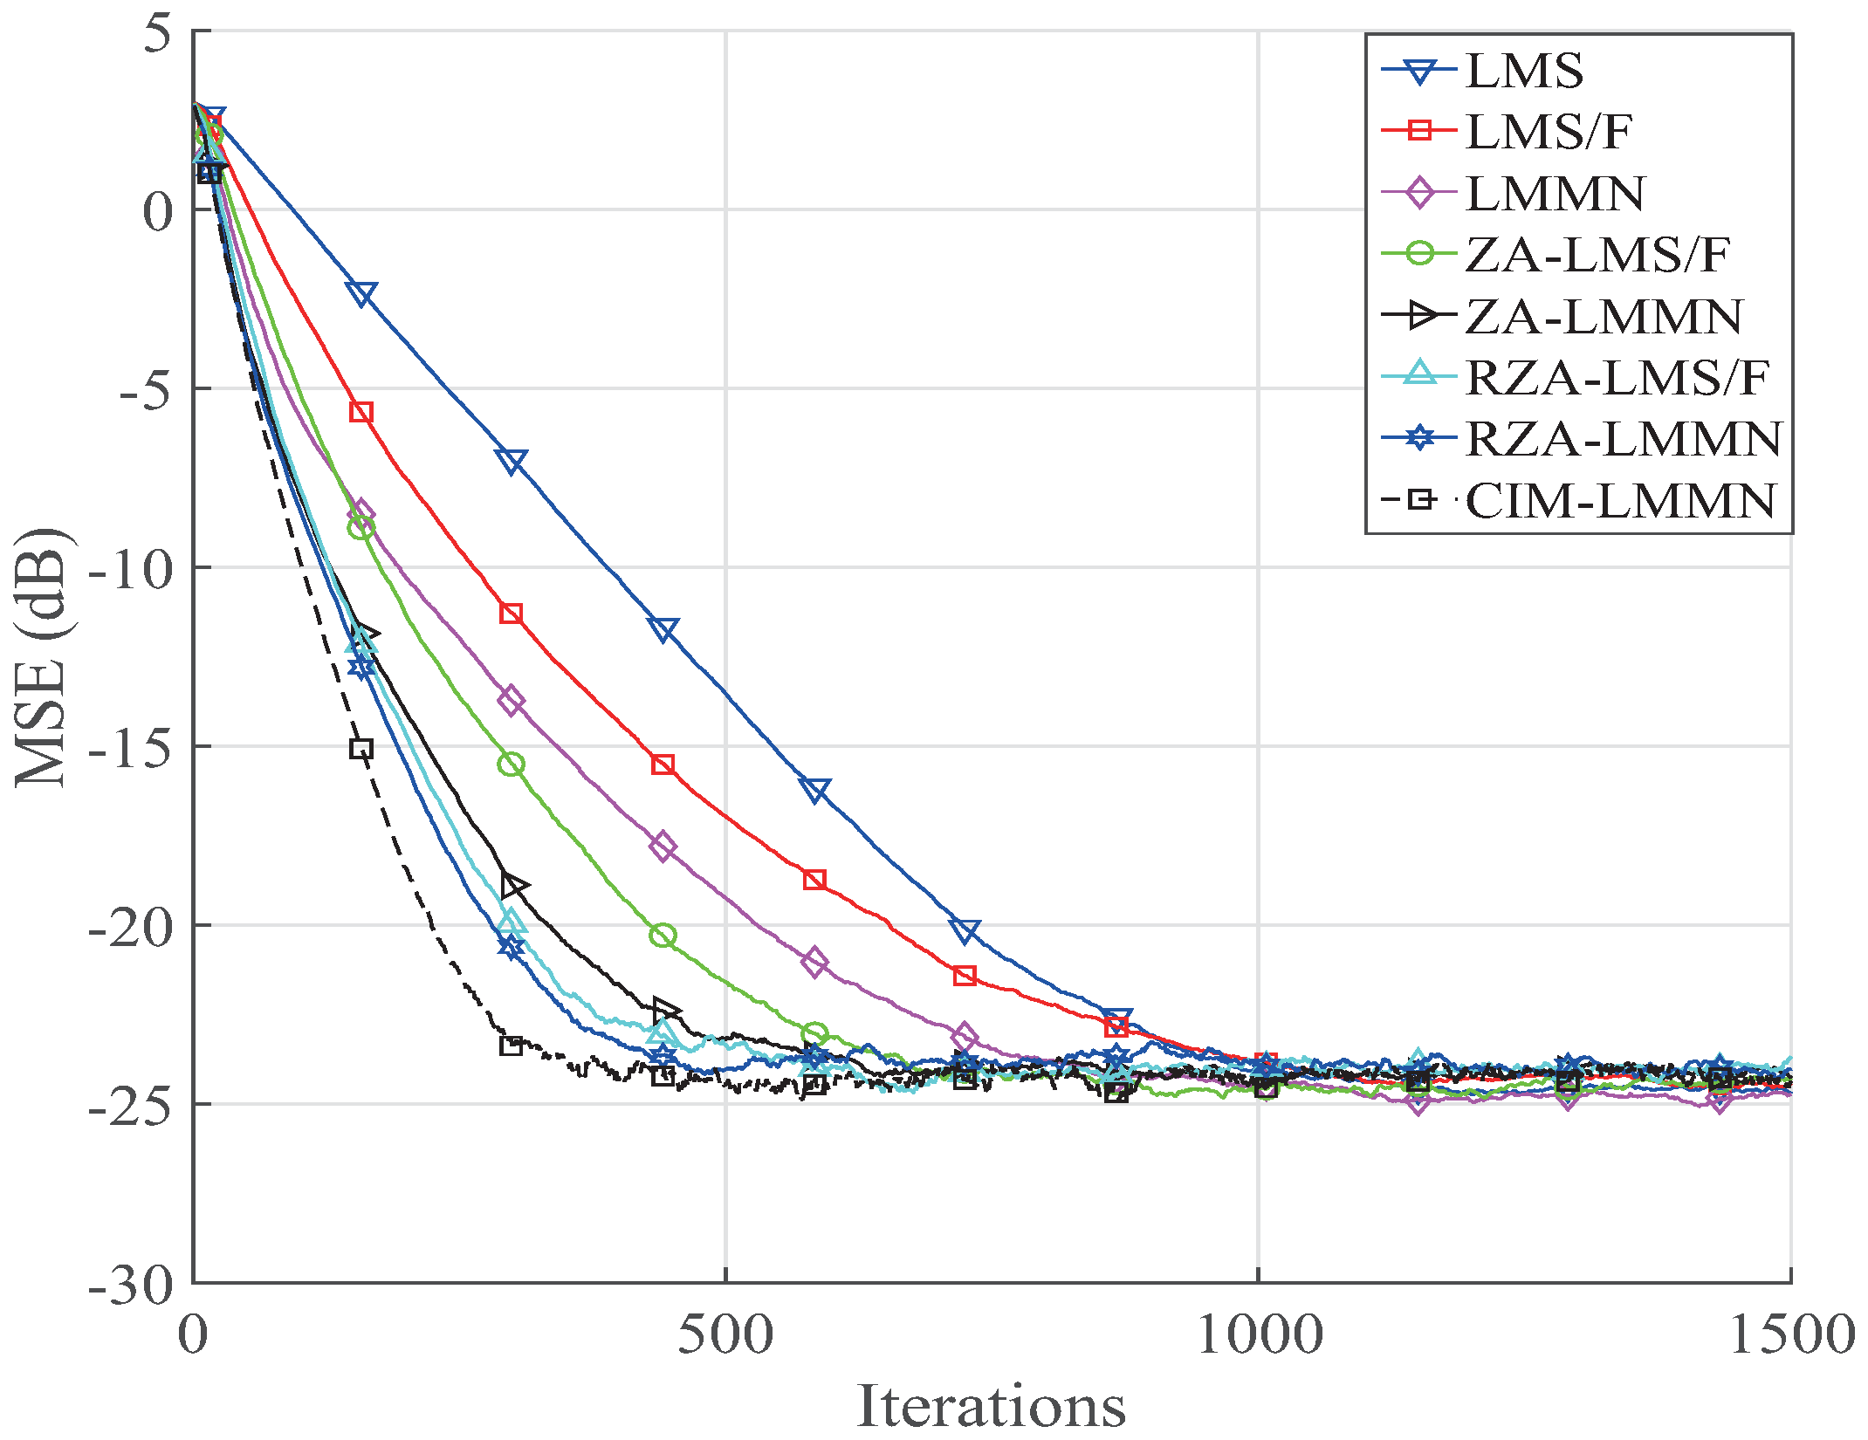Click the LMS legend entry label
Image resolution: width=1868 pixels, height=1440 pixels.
1524,71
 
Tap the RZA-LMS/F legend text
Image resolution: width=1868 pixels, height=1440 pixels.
1617,378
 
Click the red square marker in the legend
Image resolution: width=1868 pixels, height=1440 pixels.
1420,132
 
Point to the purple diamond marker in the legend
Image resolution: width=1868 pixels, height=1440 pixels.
1420,193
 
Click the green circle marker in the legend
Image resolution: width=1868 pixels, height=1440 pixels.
1420,254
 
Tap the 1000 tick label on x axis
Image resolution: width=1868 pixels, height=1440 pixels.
1258,1335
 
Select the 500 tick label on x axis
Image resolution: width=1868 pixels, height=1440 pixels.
725,1335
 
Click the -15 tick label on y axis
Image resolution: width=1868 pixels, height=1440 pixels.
131,748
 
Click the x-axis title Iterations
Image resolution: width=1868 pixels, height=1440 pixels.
991,1405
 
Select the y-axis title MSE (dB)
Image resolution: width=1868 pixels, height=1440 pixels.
42,656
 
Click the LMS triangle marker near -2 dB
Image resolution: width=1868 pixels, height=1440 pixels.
361,293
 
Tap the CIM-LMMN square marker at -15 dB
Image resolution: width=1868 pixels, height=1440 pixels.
361,749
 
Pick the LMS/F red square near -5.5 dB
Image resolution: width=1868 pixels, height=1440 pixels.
361,412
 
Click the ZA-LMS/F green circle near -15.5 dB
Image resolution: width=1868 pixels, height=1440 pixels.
512,765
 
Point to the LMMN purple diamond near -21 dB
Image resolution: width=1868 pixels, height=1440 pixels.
814,963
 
